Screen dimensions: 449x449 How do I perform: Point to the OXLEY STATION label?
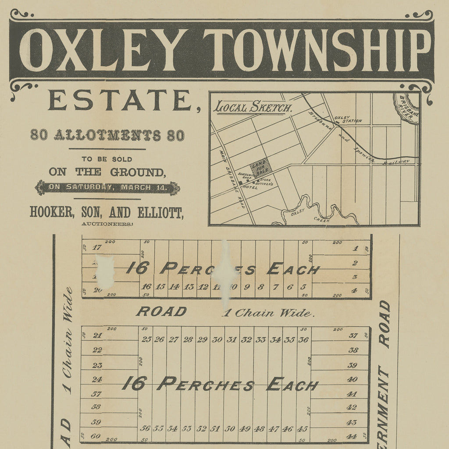(x=348, y=119)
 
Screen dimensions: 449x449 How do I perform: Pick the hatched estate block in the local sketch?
(x=260, y=167)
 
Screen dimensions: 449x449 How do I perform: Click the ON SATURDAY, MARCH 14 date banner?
(x=107, y=188)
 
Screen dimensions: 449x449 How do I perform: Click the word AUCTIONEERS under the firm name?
(x=107, y=224)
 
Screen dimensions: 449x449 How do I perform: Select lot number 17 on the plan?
(x=97, y=247)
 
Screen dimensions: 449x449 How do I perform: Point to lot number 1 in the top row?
(x=355, y=249)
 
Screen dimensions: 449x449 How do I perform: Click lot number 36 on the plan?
(x=303, y=339)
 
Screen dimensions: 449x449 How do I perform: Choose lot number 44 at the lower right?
(x=351, y=436)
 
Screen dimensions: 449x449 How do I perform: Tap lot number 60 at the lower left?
(x=96, y=436)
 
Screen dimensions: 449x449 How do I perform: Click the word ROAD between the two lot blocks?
(x=161, y=312)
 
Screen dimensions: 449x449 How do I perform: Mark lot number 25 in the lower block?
(x=146, y=339)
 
